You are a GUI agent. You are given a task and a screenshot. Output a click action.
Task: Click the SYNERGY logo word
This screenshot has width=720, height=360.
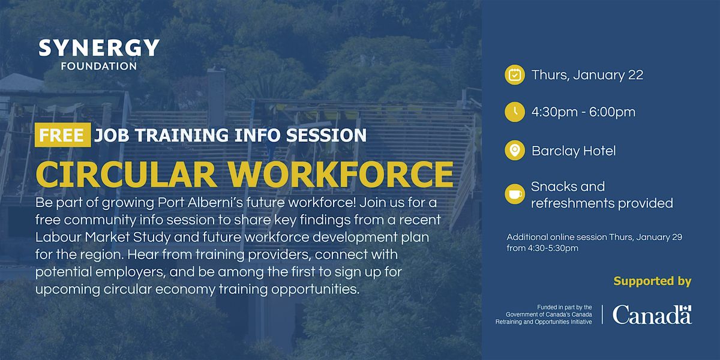99,48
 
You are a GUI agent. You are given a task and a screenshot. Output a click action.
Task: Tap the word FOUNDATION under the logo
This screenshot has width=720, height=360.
99,66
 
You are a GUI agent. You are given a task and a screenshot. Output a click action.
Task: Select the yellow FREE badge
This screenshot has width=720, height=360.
62,134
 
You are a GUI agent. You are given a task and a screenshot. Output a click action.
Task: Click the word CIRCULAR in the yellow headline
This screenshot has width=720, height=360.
125,174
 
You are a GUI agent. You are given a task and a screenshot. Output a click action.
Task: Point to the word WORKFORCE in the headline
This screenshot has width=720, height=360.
341,174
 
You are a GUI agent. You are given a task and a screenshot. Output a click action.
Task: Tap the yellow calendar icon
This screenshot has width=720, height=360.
515,75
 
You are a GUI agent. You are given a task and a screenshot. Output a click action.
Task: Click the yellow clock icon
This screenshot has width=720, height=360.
515,112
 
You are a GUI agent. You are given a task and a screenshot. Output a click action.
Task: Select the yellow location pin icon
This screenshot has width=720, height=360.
515,150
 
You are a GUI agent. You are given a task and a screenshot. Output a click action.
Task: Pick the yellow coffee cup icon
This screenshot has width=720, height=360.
515,194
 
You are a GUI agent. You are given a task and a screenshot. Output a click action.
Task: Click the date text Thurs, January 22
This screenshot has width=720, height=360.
587,75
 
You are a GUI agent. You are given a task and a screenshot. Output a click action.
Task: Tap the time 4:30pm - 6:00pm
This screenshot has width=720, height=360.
583,112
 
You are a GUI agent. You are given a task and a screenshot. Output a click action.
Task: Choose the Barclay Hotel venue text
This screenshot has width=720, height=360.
574,151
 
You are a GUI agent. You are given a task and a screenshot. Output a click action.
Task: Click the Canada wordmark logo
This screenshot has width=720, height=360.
652,314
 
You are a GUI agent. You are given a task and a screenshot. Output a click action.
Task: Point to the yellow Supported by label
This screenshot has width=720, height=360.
652,281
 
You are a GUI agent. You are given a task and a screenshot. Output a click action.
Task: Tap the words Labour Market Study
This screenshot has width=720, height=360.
103,238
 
